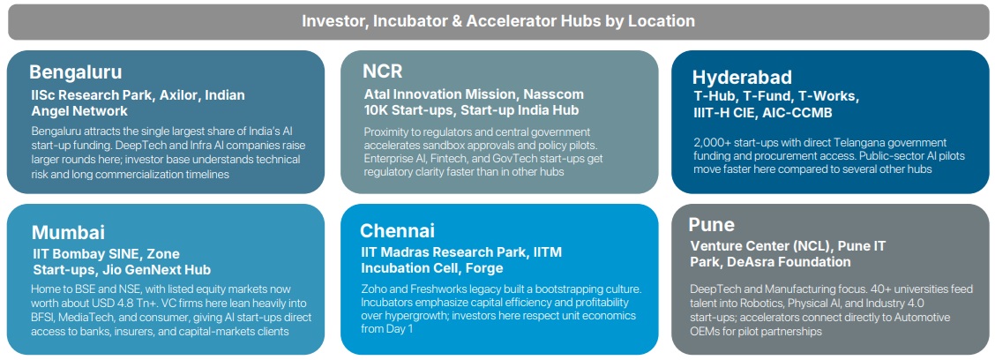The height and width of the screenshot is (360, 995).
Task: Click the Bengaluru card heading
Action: (x=76, y=71)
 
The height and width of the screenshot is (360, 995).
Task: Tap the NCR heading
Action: (x=382, y=71)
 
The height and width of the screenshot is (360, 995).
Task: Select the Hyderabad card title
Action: (x=742, y=78)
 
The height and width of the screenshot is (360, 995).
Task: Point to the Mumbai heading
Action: (x=68, y=232)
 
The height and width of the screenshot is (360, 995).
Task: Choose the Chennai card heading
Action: (x=397, y=230)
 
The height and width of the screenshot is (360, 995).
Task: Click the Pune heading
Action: (x=711, y=225)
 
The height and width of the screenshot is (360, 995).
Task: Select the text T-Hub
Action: (x=712, y=97)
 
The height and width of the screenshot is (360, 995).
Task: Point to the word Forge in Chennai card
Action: (x=485, y=268)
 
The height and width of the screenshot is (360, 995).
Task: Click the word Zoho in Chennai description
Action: (x=374, y=289)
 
